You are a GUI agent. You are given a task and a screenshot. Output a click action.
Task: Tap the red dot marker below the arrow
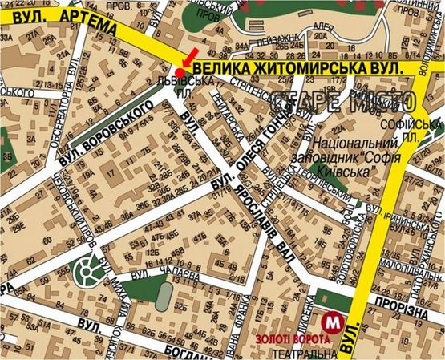click(178, 71)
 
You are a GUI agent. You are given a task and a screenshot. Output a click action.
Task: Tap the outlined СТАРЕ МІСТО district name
click(343, 102)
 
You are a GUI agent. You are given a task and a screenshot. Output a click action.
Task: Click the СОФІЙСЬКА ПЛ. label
click(423, 130)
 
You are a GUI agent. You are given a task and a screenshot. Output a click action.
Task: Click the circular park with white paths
click(90, 275)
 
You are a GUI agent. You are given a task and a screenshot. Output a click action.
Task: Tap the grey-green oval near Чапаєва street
click(163, 297)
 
